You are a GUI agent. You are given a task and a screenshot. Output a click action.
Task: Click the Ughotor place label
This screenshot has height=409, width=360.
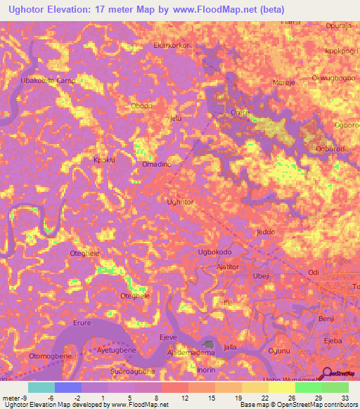(x=179, y=202)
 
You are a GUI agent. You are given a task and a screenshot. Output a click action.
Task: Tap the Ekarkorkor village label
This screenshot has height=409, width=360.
(x=174, y=46)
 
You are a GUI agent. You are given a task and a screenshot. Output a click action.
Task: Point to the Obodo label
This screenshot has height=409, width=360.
(x=141, y=106)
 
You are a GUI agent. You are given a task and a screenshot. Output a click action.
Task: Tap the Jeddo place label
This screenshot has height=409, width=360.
(x=266, y=231)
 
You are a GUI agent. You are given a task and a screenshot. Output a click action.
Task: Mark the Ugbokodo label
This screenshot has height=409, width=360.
(x=215, y=251)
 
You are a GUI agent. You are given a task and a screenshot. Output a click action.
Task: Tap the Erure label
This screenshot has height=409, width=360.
(x=82, y=324)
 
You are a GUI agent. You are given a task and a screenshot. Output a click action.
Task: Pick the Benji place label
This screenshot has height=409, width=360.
(x=326, y=318)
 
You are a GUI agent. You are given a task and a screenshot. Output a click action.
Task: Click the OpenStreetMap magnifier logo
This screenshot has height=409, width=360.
(x=326, y=374)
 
